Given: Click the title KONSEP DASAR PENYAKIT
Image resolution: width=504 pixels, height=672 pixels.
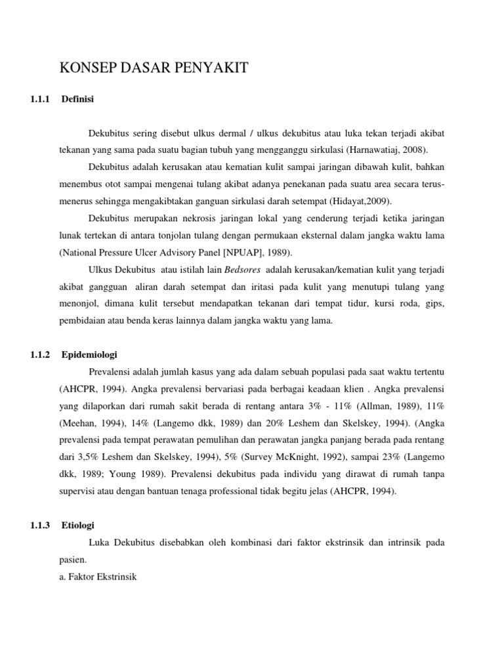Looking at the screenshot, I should point(154,68).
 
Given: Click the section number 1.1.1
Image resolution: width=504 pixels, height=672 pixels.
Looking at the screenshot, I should point(41,99).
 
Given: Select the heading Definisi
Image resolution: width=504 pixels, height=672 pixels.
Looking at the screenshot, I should point(78,99).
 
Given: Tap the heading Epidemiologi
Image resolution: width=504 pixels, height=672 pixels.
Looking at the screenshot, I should point(89,354).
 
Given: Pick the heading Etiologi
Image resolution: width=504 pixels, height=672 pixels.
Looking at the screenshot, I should point(78,525).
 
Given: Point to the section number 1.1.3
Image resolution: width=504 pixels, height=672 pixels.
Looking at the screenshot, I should point(41,525).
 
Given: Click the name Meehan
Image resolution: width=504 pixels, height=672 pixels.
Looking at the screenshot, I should point(80,406).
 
